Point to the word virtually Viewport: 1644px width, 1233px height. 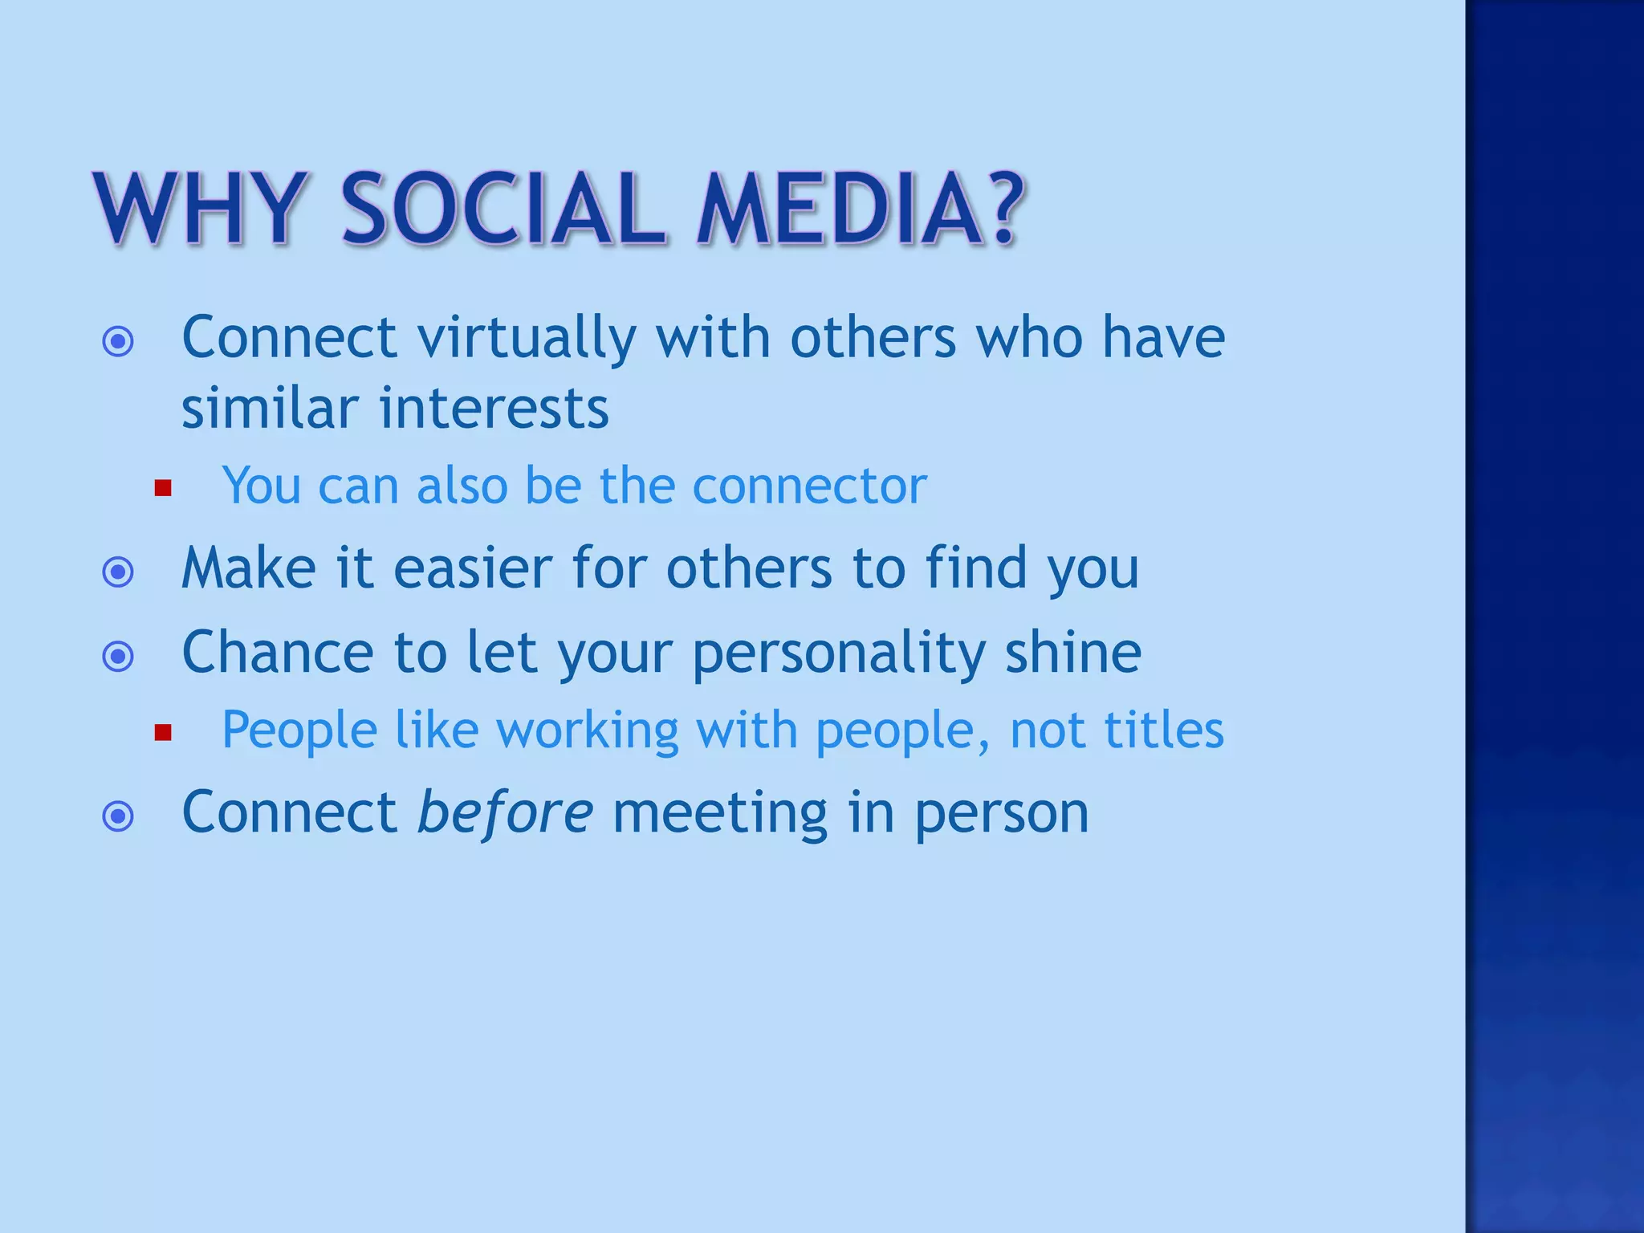coord(527,337)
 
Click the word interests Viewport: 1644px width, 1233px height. coord(494,409)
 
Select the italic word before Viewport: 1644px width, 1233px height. coord(506,812)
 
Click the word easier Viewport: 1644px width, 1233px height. coord(473,568)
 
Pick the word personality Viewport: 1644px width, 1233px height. coord(838,653)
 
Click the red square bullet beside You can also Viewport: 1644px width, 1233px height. coord(163,488)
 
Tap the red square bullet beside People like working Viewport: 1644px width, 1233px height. coord(163,732)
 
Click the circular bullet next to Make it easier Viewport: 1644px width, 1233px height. coord(118,572)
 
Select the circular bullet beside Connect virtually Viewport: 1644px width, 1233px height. coord(118,342)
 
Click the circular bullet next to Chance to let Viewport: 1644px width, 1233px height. coord(118,657)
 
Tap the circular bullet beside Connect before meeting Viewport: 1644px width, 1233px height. coord(118,817)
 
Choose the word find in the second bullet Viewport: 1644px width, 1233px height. coord(975,568)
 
